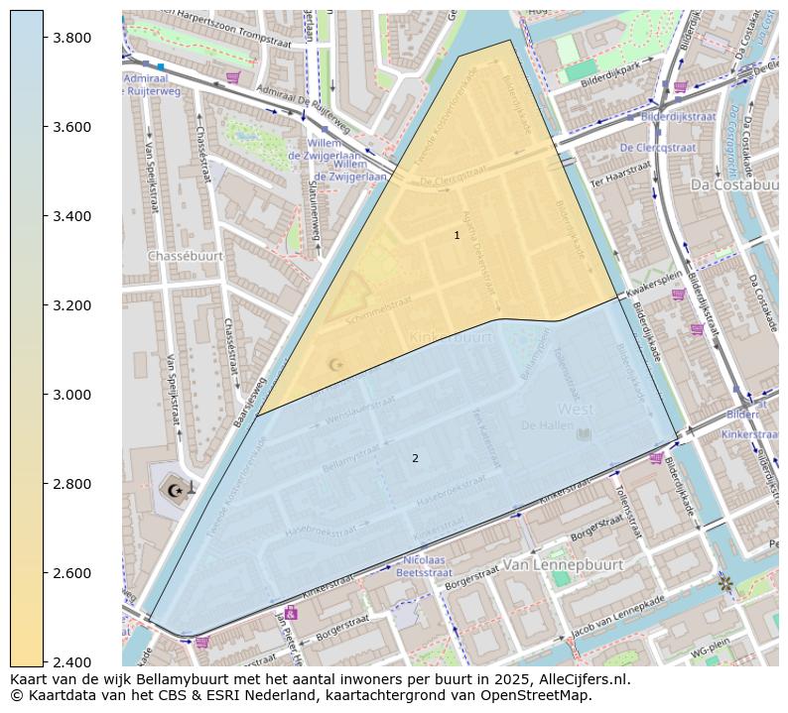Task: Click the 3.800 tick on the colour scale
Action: pyautogui.click(x=72, y=38)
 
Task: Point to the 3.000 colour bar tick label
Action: pyautogui.click(x=72, y=395)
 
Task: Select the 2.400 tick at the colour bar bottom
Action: pyautogui.click(x=72, y=662)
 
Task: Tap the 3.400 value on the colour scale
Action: pyautogui.click(x=72, y=216)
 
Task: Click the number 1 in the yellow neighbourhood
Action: pyautogui.click(x=457, y=236)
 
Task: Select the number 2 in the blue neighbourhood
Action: pyautogui.click(x=415, y=458)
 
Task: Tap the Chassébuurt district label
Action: pyautogui.click(x=186, y=256)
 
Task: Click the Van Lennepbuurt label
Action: pyautogui.click(x=563, y=564)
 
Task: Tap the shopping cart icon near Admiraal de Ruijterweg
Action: pyautogui.click(x=232, y=77)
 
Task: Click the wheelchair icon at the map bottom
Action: pyautogui.click(x=290, y=613)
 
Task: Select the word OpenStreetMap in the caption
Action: pyautogui.click(x=540, y=695)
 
